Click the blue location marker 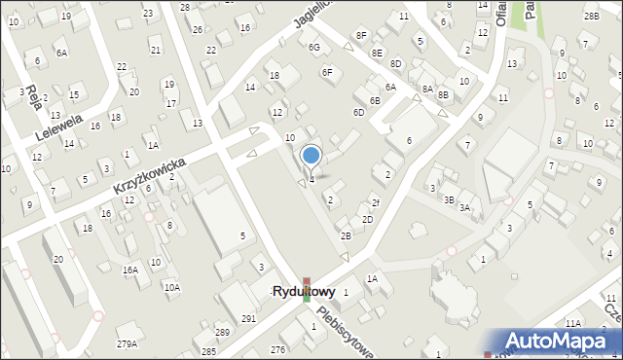coord(311,155)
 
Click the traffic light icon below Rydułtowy coord(307,289)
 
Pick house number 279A coord(127,343)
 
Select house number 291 coord(248,318)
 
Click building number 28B coord(590,17)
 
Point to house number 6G coord(313,47)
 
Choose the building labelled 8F coord(361,35)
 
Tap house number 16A coord(130,270)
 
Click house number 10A coord(171,287)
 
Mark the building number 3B coord(449,199)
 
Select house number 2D coord(367,220)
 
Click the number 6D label coord(358,113)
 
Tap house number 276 coord(277,348)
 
